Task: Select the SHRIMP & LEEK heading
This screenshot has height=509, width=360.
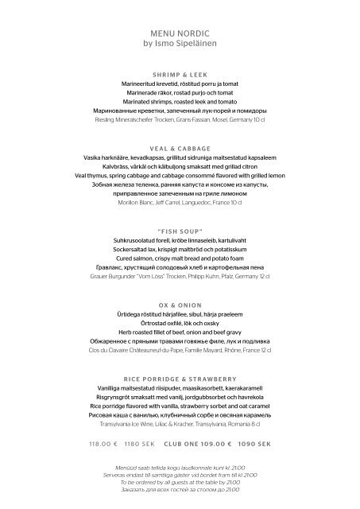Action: coord(179,73)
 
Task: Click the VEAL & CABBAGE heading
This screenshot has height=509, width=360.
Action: coord(179,148)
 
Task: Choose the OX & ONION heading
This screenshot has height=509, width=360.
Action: coord(179,305)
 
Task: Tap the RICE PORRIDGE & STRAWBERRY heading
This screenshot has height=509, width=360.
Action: coord(179,379)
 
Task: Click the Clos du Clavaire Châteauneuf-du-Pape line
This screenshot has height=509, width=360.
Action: coord(179,350)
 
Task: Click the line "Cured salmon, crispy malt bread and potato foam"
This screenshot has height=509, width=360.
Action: coord(179,258)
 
